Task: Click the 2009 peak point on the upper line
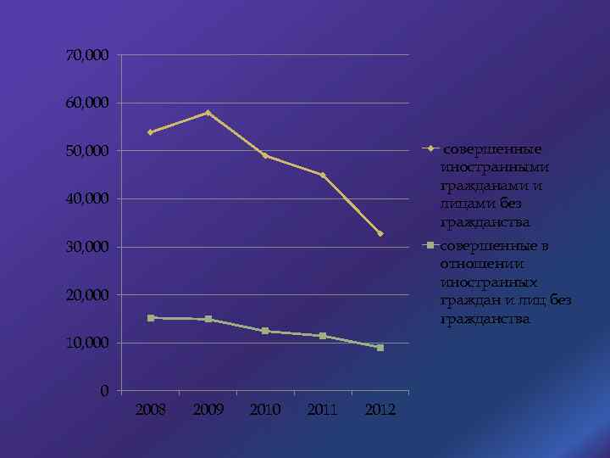point(208,113)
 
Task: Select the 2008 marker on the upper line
point(150,132)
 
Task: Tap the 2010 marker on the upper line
point(265,155)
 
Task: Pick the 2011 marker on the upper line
point(323,176)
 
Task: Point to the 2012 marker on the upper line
point(380,233)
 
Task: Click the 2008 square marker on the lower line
point(150,318)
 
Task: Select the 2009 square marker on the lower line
point(208,320)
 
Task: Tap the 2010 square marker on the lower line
point(265,331)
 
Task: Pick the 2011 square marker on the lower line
point(323,336)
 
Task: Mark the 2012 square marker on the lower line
point(380,348)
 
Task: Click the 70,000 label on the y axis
point(87,55)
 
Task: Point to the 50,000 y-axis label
point(87,151)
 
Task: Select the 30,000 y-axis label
point(87,247)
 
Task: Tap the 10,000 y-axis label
point(87,343)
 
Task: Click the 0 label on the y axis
point(103,391)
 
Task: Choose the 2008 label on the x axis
point(151,411)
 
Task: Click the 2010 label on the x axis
point(265,411)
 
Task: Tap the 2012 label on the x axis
point(380,411)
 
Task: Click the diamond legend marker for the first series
point(430,149)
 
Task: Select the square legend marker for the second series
point(430,246)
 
